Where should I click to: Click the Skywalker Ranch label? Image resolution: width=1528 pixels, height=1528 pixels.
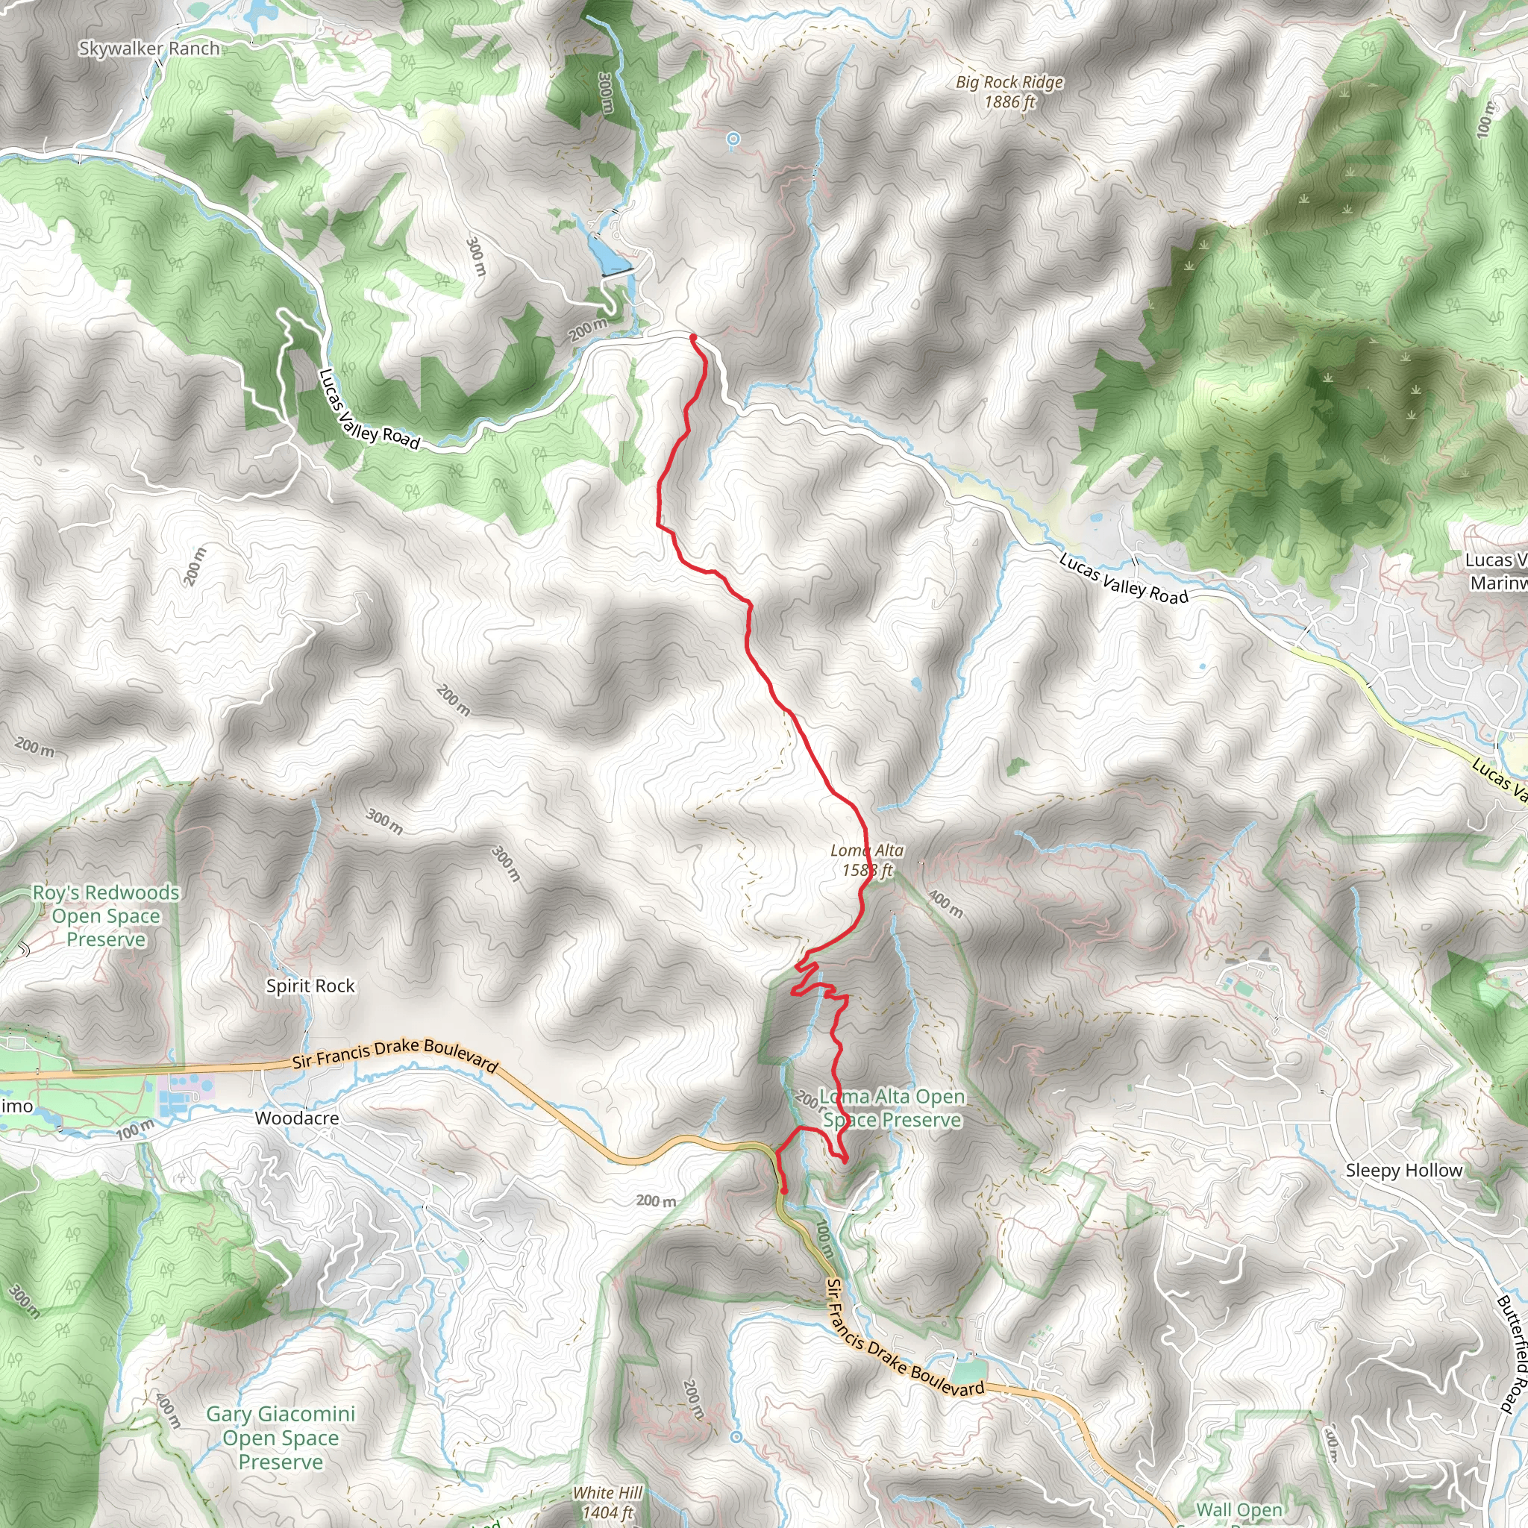[x=149, y=49]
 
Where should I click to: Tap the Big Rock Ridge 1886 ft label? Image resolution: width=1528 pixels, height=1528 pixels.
[x=1009, y=92]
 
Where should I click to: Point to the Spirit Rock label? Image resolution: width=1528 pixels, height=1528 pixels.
[x=310, y=986]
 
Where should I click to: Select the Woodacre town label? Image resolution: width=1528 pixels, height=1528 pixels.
[x=297, y=1118]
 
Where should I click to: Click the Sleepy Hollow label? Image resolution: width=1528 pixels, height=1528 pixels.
[x=1404, y=1171]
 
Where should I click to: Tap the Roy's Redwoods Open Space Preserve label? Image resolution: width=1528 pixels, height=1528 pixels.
[x=106, y=916]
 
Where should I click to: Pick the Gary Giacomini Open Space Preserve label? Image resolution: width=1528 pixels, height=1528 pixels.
[x=281, y=1438]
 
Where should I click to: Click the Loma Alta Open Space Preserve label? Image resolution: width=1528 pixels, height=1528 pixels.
[x=892, y=1108]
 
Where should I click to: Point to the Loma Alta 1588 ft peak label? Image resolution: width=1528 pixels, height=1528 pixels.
[x=867, y=860]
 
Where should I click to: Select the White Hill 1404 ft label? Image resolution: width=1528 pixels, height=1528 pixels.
[x=607, y=1503]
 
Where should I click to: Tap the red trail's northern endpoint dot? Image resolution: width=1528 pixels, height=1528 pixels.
[x=693, y=338]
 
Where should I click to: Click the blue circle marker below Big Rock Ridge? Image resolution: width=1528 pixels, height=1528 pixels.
[x=733, y=140]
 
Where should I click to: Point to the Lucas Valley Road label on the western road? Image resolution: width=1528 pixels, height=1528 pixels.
[x=369, y=409]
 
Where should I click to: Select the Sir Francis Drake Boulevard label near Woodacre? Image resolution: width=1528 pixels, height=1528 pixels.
[x=395, y=1055]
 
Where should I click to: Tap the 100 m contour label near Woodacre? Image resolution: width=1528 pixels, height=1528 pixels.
[x=134, y=1130]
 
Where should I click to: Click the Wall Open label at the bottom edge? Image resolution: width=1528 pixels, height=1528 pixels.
[x=1239, y=1511]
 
